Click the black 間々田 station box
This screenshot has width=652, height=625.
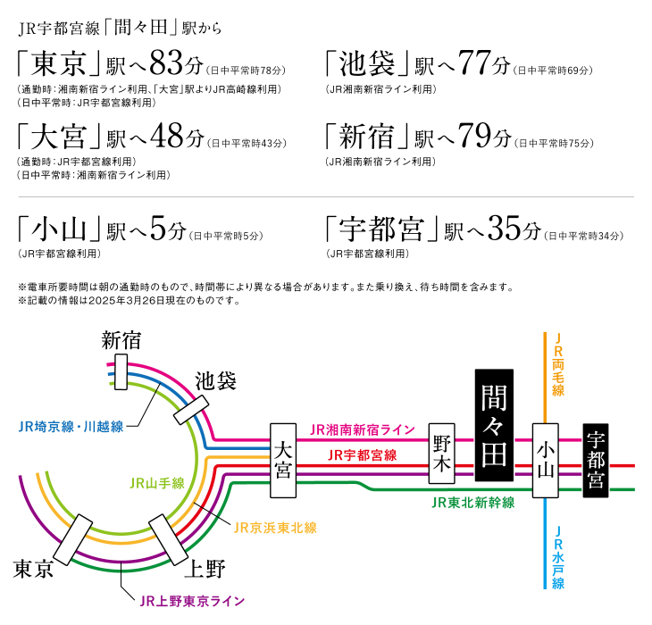point(494,425)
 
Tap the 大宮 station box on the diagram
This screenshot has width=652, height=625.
point(283,461)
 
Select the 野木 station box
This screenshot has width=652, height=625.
point(441,454)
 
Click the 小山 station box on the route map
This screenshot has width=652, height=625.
point(545,461)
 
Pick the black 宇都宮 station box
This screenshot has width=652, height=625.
point(596,461)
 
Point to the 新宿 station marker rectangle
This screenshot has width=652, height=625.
point(121,372)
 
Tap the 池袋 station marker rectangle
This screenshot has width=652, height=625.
point(191,410)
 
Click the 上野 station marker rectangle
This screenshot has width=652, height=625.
point(169,540)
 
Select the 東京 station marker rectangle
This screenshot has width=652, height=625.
point(72,540)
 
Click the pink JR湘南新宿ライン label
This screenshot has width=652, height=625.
point(363,429)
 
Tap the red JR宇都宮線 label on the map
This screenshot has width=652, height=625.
point(363,455)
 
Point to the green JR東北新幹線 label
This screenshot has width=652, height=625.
point(472,503)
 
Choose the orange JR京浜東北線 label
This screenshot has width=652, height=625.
point(275,528)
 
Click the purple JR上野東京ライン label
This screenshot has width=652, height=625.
point(192,601)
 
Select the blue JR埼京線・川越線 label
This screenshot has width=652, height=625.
point(71,427)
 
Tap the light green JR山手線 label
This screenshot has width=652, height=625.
point(157,483)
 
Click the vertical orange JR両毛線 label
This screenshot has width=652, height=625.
point(558,364)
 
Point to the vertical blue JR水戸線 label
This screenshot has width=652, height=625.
point(558,558)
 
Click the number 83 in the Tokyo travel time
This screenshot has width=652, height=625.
point(166,63)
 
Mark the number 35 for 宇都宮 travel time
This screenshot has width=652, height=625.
point(505,229)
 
